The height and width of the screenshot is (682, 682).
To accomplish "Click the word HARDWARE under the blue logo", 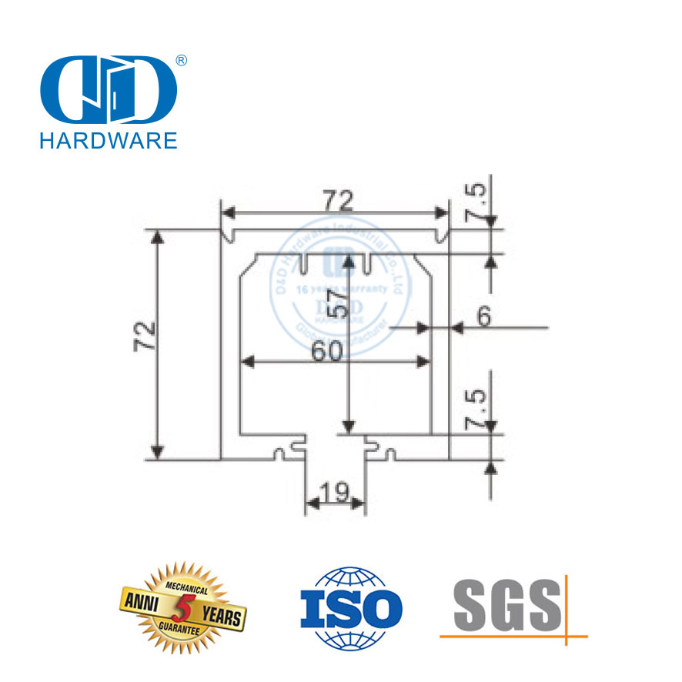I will click(x=108, y=139).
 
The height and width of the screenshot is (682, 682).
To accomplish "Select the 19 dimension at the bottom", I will click(x=335, y=490).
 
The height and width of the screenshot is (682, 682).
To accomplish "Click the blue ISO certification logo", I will click(x=350, y=607).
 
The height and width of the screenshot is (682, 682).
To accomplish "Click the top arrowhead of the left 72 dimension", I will click(x=159, y=236).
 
